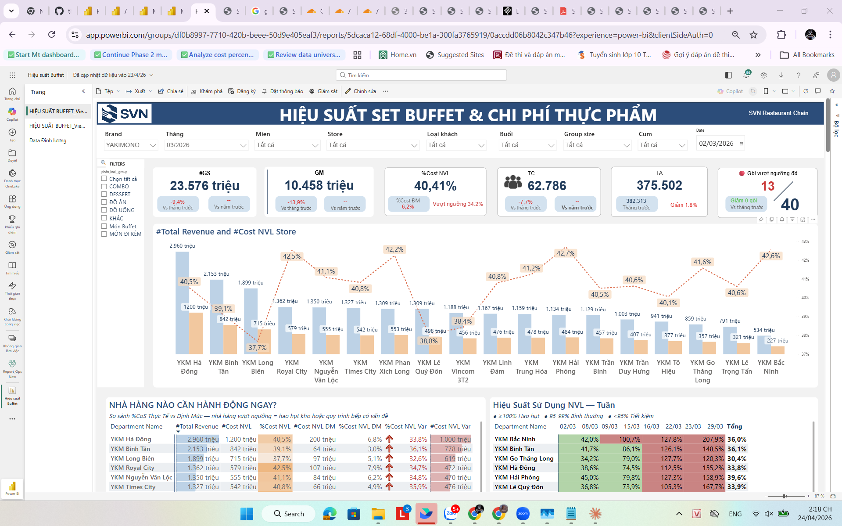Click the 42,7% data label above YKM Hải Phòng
(565, 253)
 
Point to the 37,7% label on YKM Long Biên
(257, 348)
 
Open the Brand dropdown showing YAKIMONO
(131, 145)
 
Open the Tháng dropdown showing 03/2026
(206, 145)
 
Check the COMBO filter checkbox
(104, 186)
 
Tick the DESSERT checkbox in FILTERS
(104, 194)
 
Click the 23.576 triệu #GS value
(204, 186)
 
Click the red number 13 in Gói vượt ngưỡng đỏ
(767, 186)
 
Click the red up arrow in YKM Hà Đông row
(389, 439)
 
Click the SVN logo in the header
(125, 114)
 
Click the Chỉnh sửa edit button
(360, 91)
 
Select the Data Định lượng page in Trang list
(48, 141)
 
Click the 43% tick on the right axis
(805, 241)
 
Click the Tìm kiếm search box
(421, 76)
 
